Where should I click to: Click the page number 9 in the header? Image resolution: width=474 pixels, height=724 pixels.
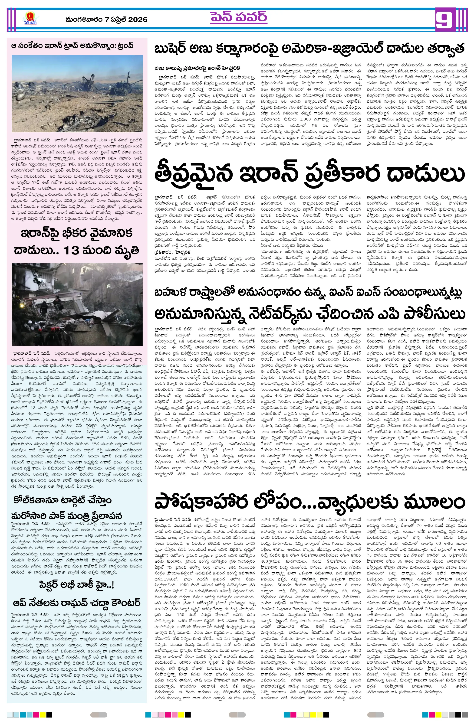(x=445, y=20)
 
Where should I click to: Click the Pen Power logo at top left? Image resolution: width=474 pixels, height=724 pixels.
(x=29, y=20)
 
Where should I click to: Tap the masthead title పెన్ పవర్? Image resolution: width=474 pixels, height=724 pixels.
(x=238, y=18)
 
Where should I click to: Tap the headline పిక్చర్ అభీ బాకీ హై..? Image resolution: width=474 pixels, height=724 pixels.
(x=77, y=584)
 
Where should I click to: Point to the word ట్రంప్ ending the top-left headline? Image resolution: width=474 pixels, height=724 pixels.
(x=125, y=46)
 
